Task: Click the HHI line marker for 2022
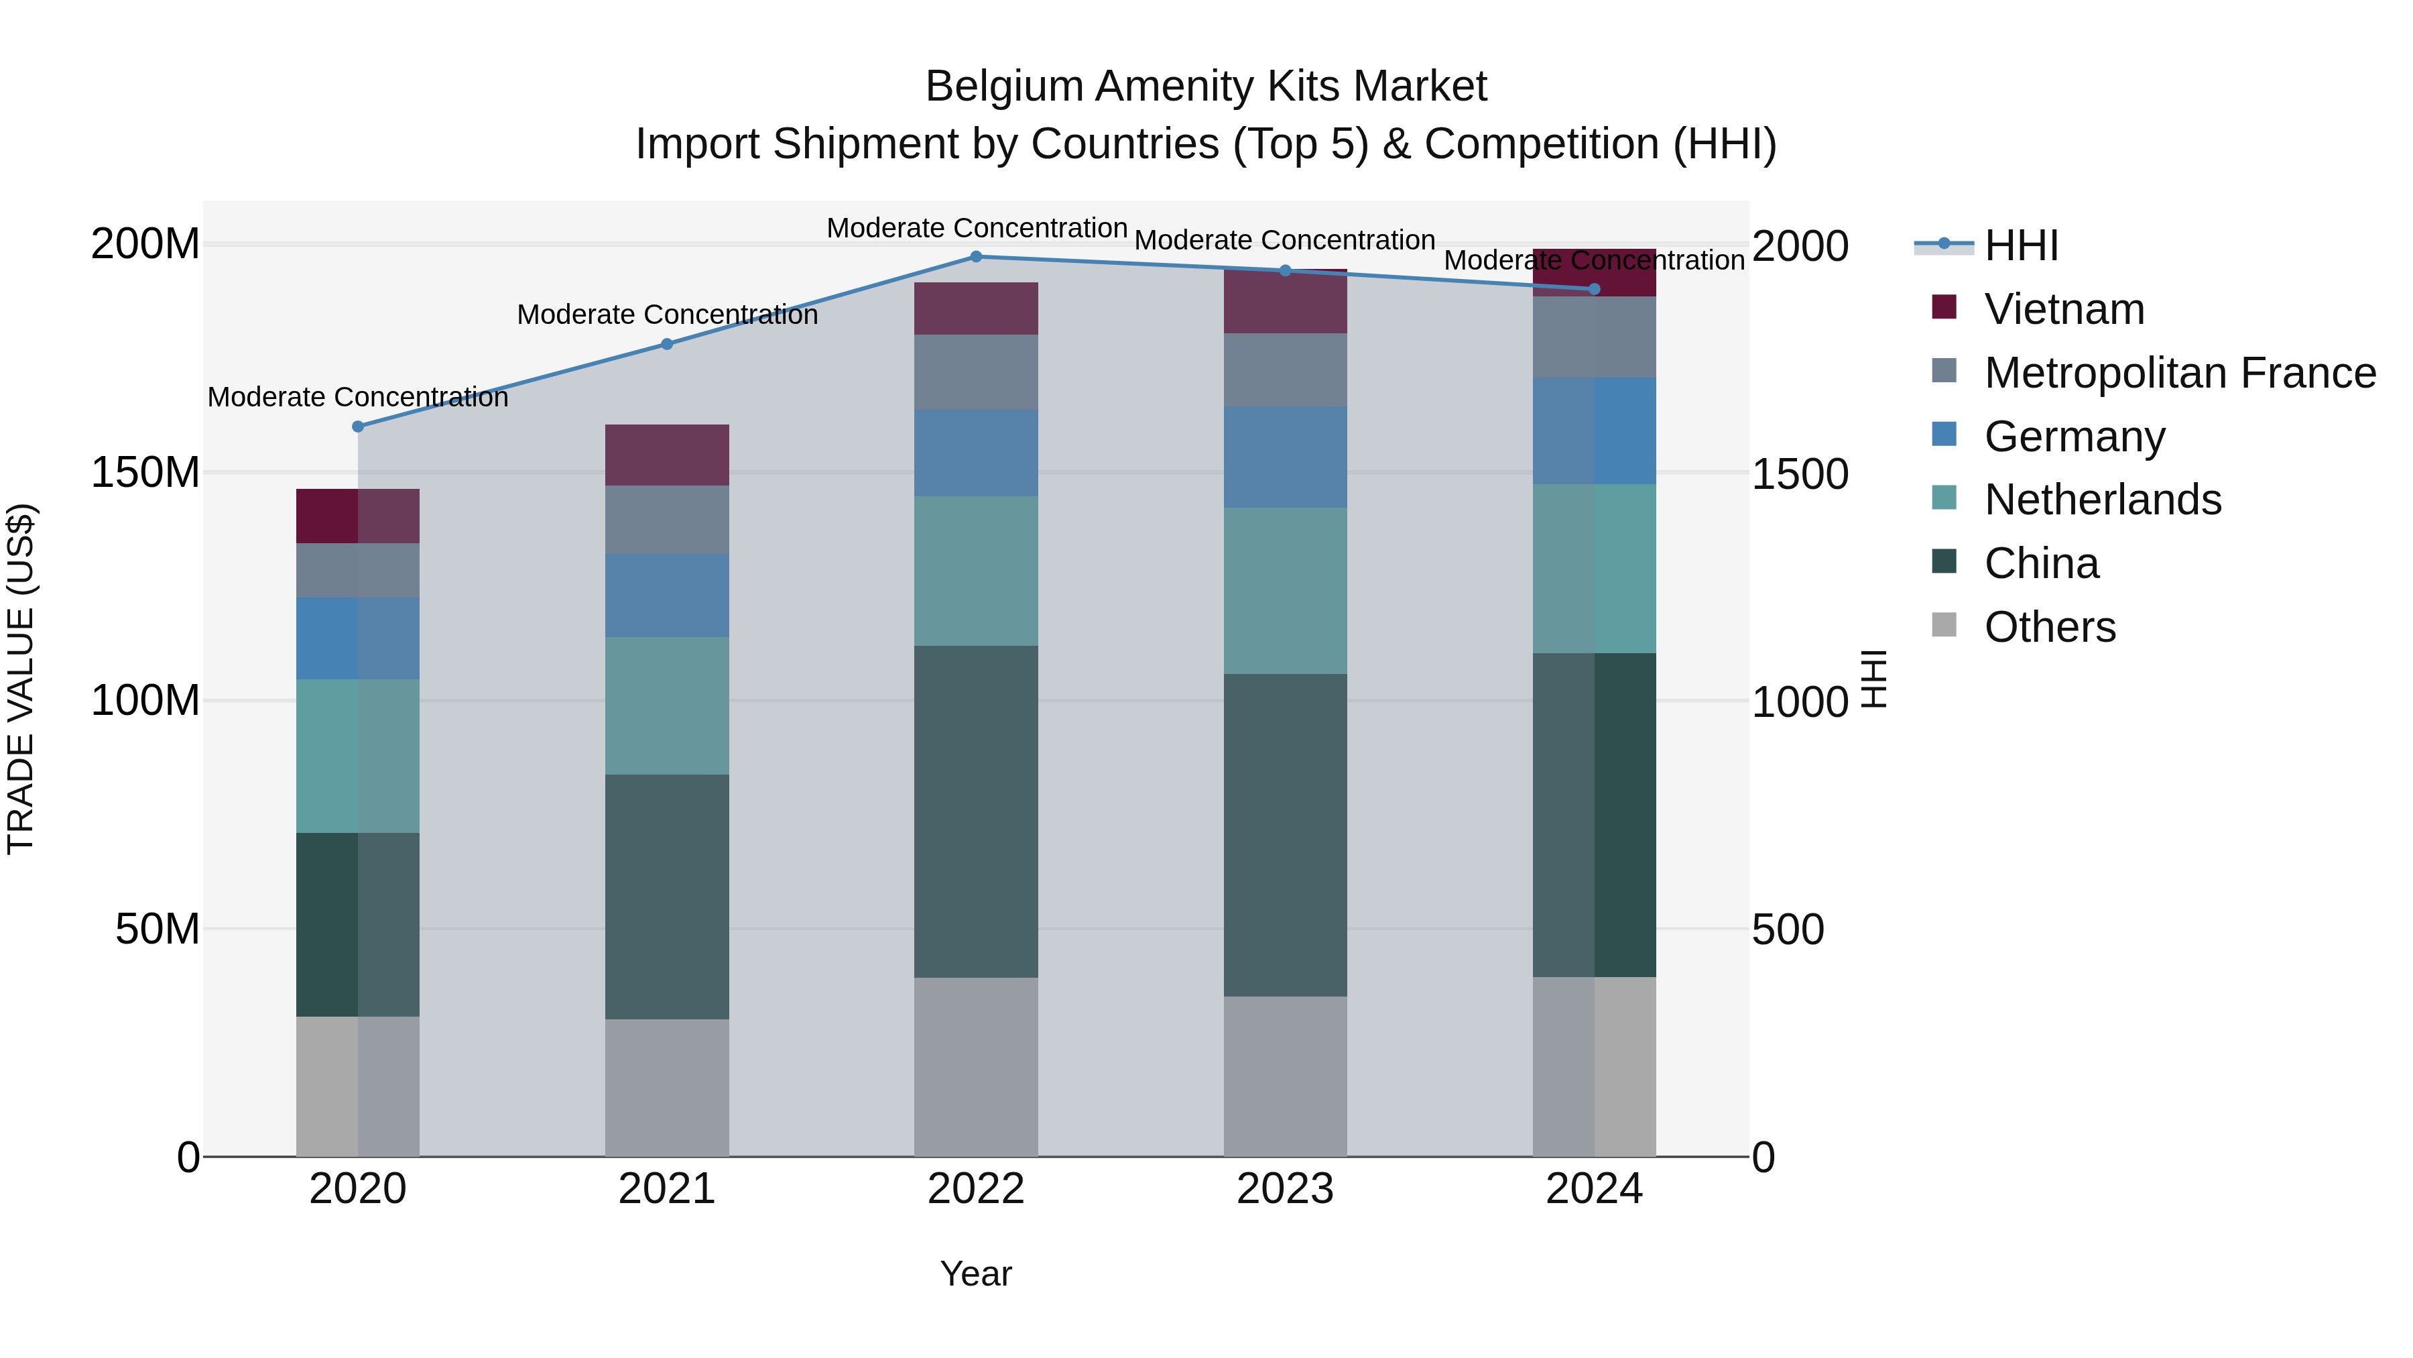tap(975, 257)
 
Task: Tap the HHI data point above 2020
tap(358, 427)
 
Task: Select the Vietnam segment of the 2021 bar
tap(667, 455)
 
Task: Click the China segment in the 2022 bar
tap(975, 811)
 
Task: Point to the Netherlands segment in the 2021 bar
tap(667, 705)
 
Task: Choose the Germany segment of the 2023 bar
tap(1284, 457)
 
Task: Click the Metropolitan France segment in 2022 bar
tap(975, 372)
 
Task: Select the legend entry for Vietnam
tap(2064, 309)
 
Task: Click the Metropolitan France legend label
tap(2180, 373)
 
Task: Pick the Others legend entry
tap(2050, 627)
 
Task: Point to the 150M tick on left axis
tap(145, 472)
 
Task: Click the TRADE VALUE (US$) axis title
tap(21, 679)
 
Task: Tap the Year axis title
tap(975, 1274)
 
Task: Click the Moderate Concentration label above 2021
tap(667, 315)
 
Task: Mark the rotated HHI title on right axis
tap(1873, 679)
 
